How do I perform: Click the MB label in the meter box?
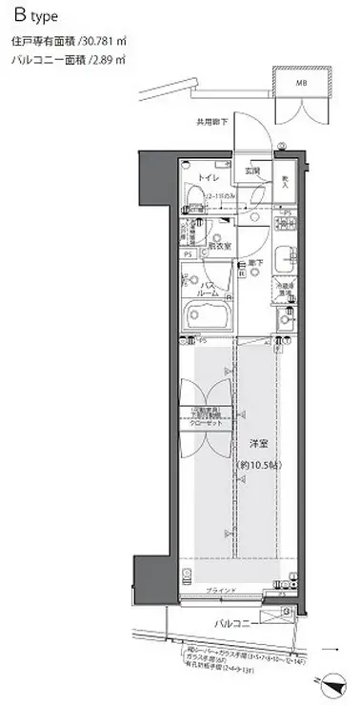click(302, 83)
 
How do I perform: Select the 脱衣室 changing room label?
click(222, 243)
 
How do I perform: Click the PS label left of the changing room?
click(189, 254)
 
